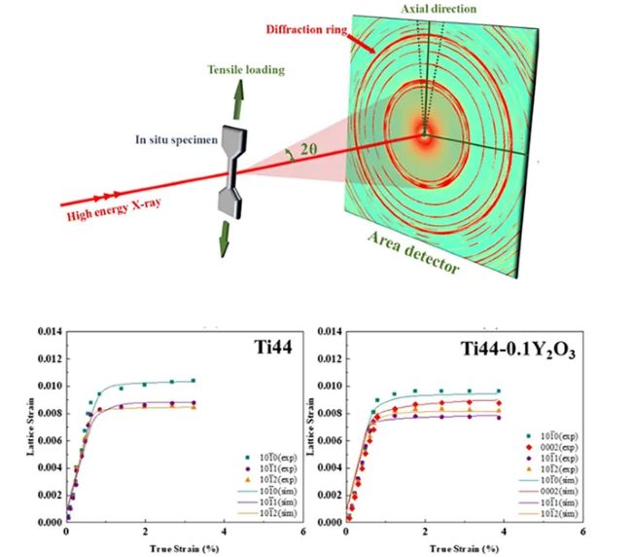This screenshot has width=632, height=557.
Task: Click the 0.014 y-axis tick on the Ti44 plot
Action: (x=48, y=331)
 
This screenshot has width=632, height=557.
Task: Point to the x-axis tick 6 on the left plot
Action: (x=303, y=534)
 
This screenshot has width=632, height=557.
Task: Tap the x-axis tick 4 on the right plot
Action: (x=505, y=534)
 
